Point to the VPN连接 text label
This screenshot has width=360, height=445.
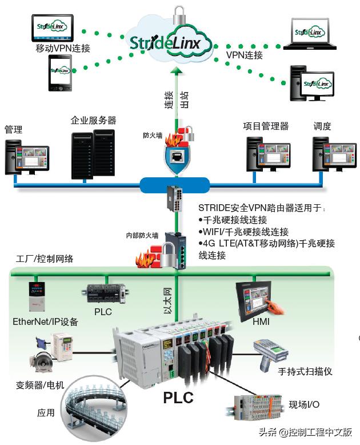point(245,55)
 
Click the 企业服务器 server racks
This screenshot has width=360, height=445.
point(93,154)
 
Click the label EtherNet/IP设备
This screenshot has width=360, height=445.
point(45,321)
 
